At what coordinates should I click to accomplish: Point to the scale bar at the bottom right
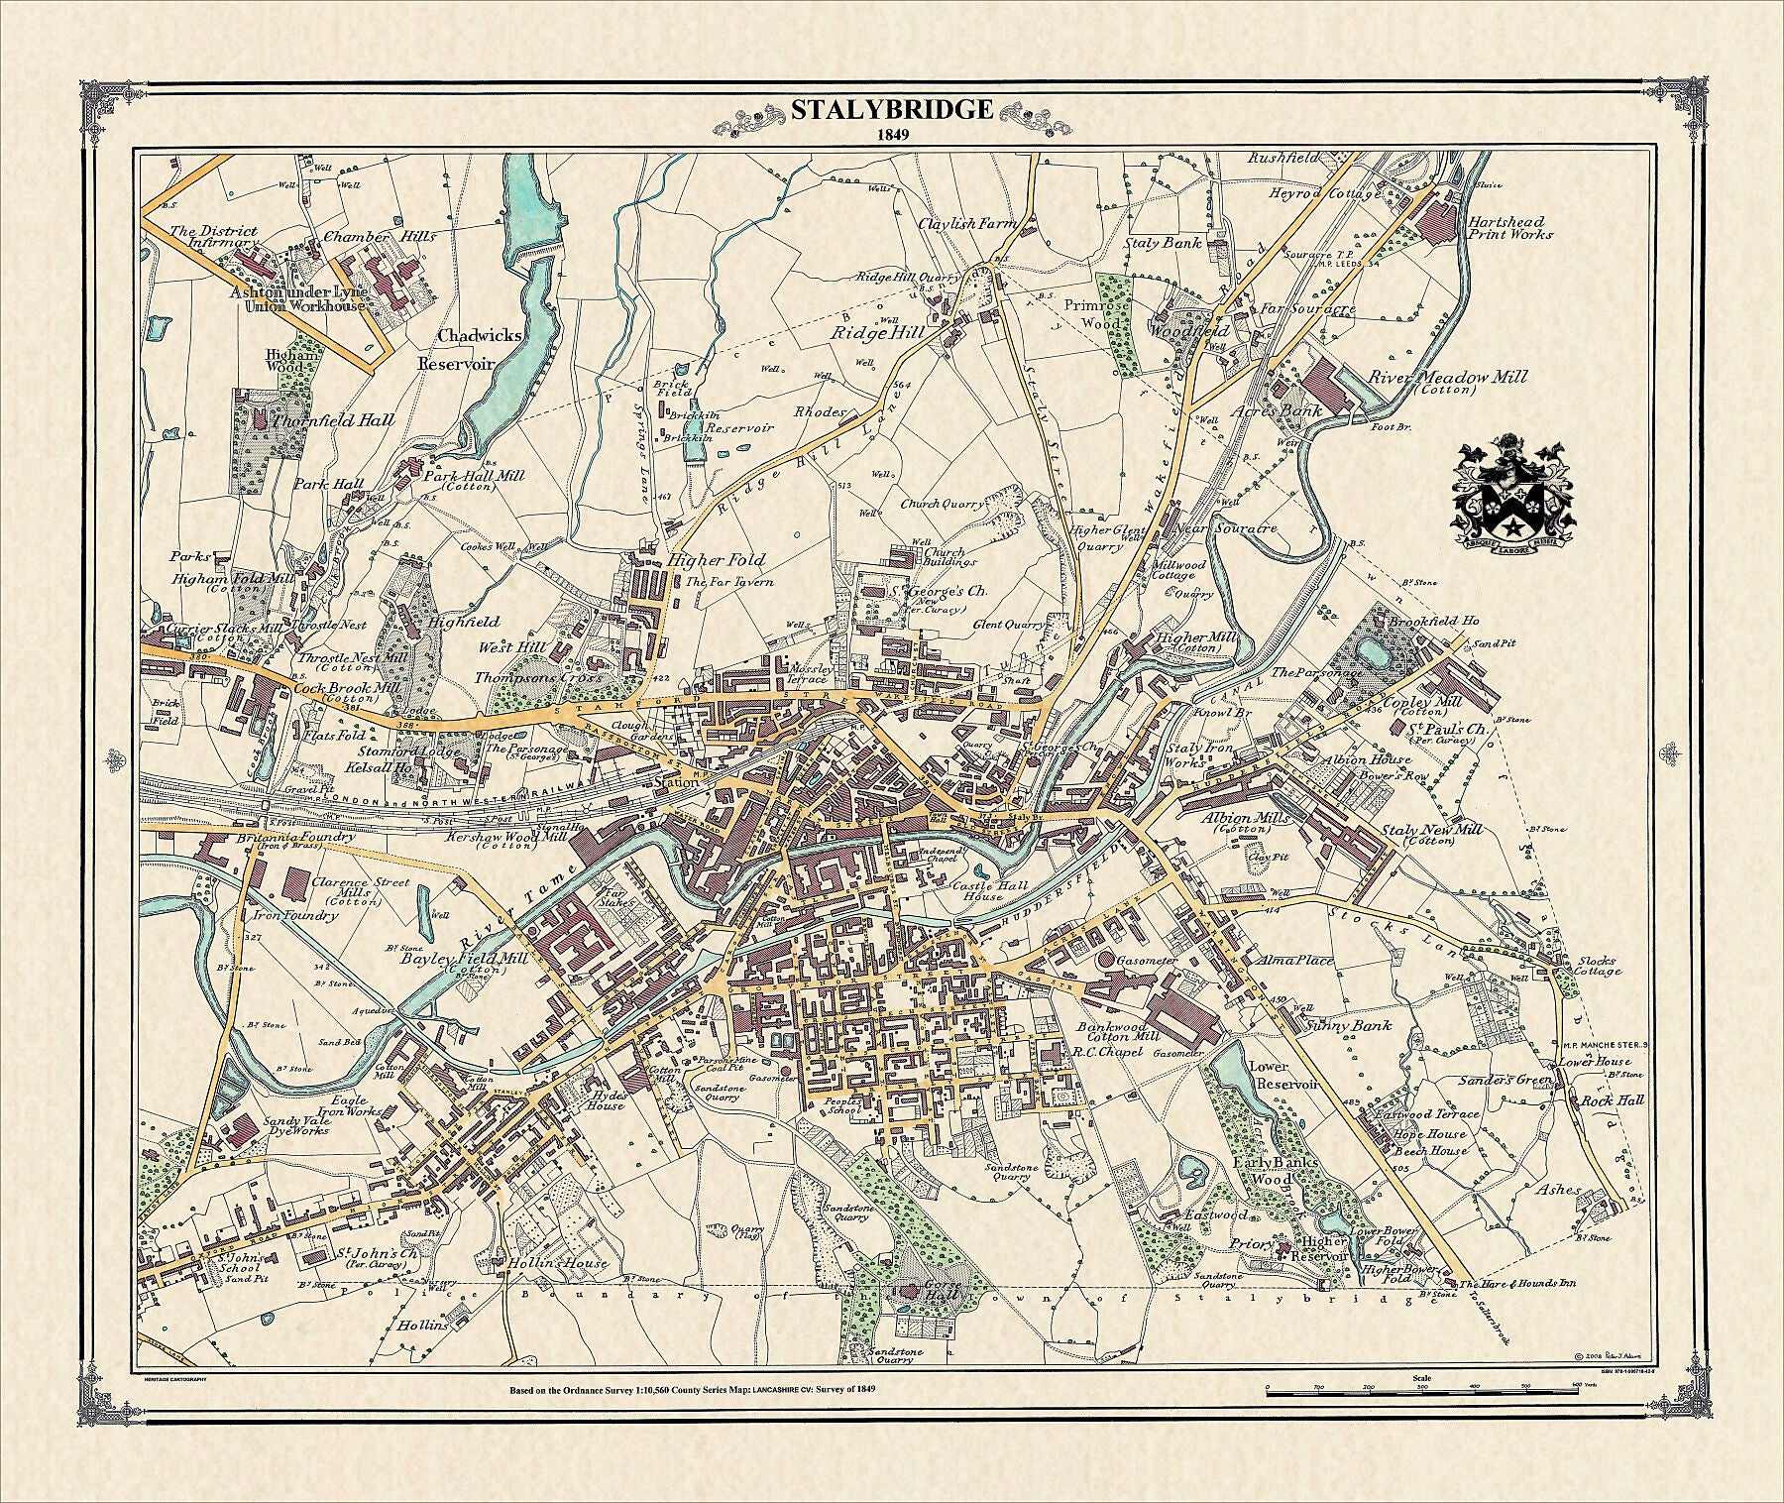pos(1421,1394)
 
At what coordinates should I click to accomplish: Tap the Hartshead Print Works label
pos(1511,227)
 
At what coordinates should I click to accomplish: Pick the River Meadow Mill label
pos(1447,378)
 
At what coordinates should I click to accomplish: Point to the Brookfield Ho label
pos(1433,621)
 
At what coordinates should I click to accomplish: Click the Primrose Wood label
pos(1100,314)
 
